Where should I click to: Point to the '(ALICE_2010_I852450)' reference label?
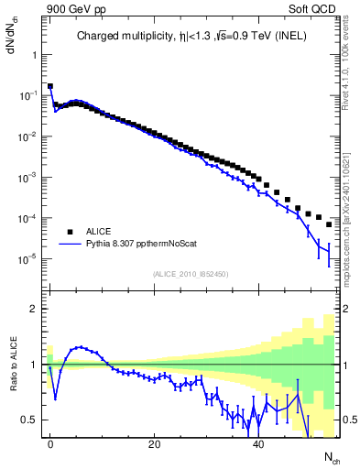(191, 274)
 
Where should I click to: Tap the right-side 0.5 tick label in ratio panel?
(348, 420)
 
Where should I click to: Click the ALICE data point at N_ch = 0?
(50, 86)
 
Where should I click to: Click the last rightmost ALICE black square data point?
(329, 224)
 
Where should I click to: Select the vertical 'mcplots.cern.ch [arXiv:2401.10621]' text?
(345, 205)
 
